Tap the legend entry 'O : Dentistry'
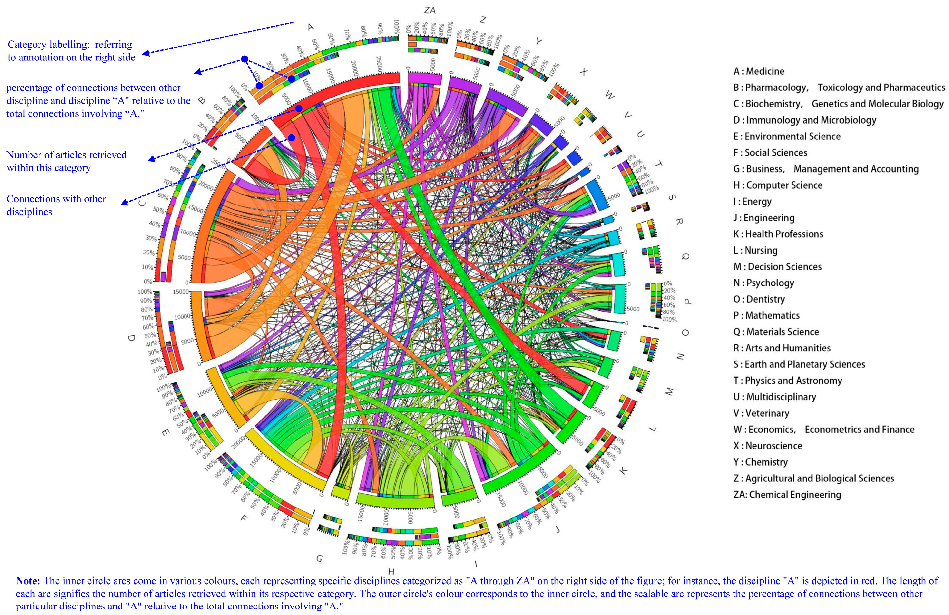click(x=759, y=299)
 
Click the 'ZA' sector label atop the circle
click(x=430, y=10)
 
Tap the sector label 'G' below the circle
click(x=319, y=558)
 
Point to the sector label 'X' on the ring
click(x=583, y=72)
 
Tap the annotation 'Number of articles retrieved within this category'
click(x=66, y=161)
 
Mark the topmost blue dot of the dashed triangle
click(x=245, y=59)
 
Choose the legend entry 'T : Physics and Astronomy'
click(x=788, y=381)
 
